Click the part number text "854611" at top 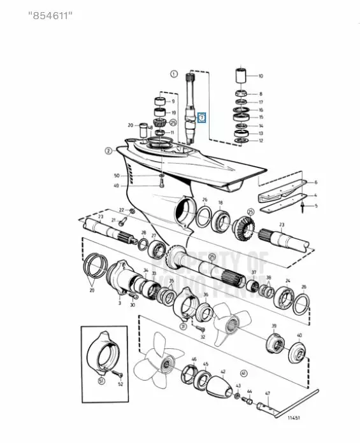click(x=51, y=15)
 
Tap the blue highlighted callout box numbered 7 click(x=201, y=117)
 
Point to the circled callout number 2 click(x=108, y=151)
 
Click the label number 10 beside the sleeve click(x=260, y=75)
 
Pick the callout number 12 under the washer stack click(x=260, y=141)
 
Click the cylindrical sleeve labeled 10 click(x=241, y=75)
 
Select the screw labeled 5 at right click(x=303, y=206)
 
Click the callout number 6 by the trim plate click(x=315, y=182)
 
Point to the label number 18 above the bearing click(x=220, y=202)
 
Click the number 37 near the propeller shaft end click(x=254, y=272)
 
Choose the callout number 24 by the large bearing click(x=288, y=281)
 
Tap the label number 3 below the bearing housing click(x=119, y=304)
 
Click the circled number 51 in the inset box click(x=101, y=381)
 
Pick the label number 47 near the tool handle click(x=268, y=394)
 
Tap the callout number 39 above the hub click(x=274, y=327)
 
